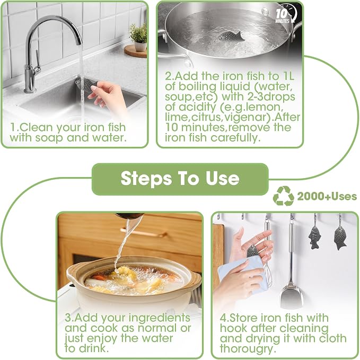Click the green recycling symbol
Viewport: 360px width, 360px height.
(283, 196)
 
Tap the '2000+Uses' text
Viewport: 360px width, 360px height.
(327, 197)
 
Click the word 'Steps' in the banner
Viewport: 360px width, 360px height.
(146, 179)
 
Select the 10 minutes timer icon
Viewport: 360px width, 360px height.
(286, 14)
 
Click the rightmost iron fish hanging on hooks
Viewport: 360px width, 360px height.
(340, 238)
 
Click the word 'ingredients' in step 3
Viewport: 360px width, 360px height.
(160, 319)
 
